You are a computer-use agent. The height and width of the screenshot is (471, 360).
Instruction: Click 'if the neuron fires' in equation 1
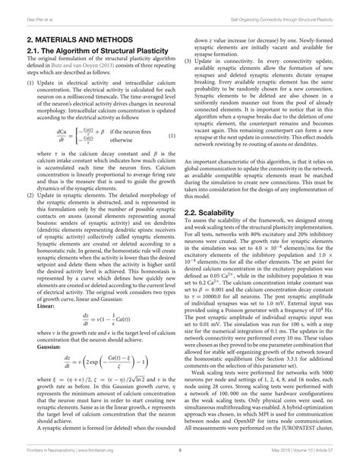pyautogui.click(x=134, y=131)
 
